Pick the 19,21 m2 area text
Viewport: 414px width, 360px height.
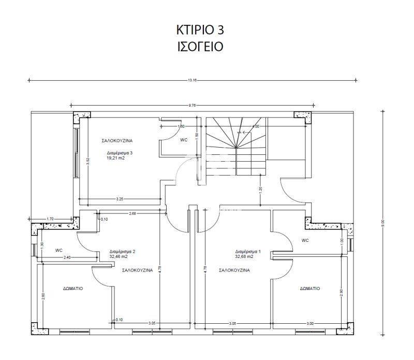tap(116, 159)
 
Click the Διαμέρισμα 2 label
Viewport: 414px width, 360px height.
tap(122, 252)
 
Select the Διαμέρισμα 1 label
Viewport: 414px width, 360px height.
tap(248, 252)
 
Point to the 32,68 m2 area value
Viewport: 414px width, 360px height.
tap(244, 257)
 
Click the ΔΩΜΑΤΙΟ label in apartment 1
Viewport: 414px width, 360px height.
tap(309, 288)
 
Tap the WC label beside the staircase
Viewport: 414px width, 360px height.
tap(184, 140)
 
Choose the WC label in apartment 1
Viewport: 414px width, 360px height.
tap(305, 240)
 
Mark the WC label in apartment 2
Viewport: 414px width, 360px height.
tap(59, 251)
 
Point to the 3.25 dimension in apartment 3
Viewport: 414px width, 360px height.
tap(120, 198)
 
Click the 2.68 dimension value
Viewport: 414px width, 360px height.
tap(132, 213)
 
